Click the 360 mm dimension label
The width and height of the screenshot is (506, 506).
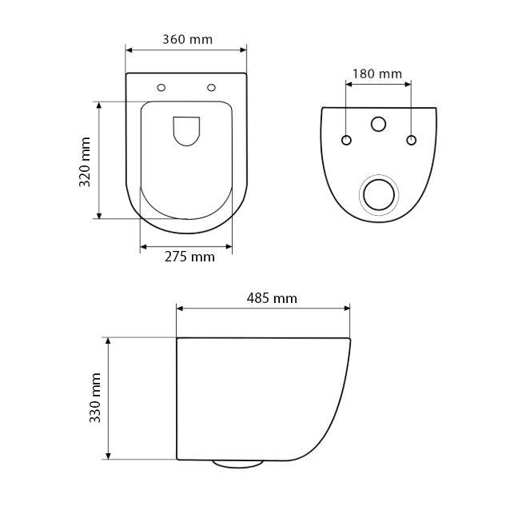pyautogui.click(x=188, y=39)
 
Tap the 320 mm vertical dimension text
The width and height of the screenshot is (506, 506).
pyautogui.click(x=85, y=162)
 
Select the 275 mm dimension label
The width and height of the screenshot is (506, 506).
pyautogui.click(x=189, y=257)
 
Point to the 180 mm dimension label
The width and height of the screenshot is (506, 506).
pyautogui.click(x=377, y=74)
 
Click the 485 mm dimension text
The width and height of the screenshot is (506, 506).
pyautogui.click(x=272, y=298)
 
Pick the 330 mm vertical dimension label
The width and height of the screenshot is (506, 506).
pyautogui.click(x=95, y=397)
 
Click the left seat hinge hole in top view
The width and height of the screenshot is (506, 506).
pyautogui.click(x=161, y=87)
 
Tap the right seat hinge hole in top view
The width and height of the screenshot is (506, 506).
pyautogui.click(x=211, y=87)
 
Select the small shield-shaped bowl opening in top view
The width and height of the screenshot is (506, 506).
pyautogui.click(x=186, y=131)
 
